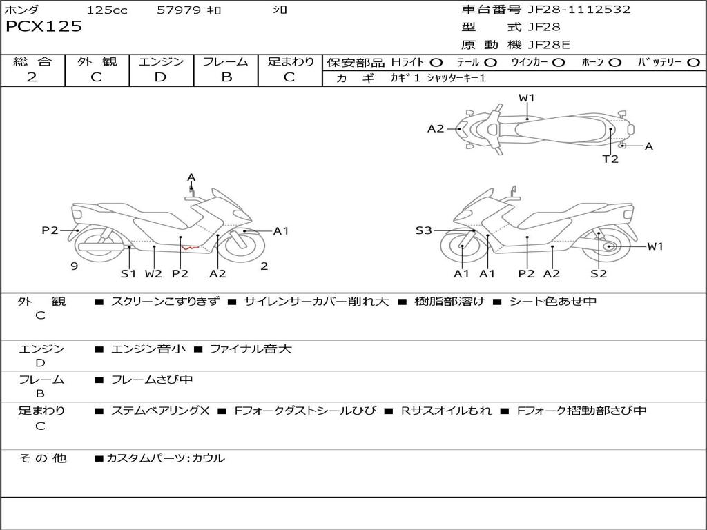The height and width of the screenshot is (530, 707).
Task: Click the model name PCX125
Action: pyautogui.click(x=43, y=27)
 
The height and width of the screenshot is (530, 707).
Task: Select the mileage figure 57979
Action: pyautogui.click(x=179, y=10)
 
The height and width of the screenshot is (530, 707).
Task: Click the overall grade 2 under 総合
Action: pyautogui.click(x=32, y=77)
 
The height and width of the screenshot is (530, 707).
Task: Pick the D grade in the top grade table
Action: pyautogui.click(x=160, y=77)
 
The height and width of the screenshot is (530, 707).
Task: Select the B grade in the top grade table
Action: pyautogui.click(x=226, y=77)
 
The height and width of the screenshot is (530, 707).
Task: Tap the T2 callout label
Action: pyautogui.click(x=610, y=159)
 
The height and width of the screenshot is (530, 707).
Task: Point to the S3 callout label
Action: pyautogui.click(x=423, y=230)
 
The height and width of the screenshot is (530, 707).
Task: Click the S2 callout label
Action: pyautogui.click(x=598, y=273)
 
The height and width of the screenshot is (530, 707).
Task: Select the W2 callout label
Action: pyautogui.click(x=153, y=273)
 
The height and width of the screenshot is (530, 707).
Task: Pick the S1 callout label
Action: pyautogui.click(x=128, y=273)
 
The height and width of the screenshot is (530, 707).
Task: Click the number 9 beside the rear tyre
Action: pyautogui.click(x=73, y=266)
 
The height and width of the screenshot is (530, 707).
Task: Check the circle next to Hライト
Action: pyautogui.click(x=437, y=63)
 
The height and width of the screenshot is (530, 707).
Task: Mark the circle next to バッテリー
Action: pyautogui.click(x=693, y=63)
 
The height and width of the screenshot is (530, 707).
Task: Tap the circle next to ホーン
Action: pyautogui.click(x=614, y=63)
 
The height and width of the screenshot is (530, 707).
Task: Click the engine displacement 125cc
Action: pyautogui.click(x=107, y=10)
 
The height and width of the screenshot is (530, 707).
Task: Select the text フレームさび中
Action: pyautogui.click(x=152, y=380)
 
